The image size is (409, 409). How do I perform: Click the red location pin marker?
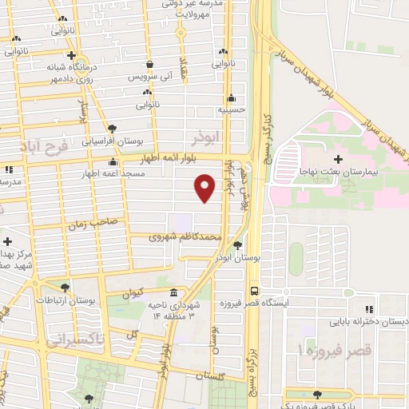205,188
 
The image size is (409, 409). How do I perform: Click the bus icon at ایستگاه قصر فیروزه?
254,291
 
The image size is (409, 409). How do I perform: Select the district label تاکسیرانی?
75,340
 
